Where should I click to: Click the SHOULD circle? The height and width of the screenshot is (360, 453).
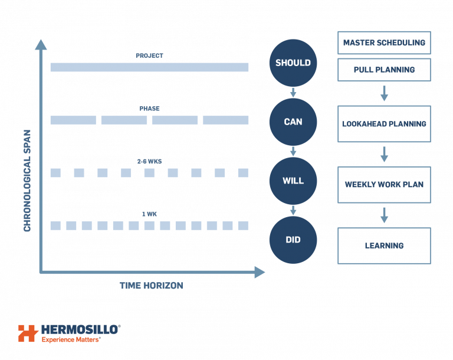point(293,63)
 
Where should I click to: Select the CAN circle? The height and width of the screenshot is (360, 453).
point(293,122)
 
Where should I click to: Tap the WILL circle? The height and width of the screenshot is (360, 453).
point(293,181)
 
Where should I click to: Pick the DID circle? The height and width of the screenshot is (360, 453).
point(293,240)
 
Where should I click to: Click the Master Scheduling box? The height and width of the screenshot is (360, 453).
point(384,43)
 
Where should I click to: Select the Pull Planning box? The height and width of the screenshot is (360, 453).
point(384,70)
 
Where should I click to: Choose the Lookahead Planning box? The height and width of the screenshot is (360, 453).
point(384,124)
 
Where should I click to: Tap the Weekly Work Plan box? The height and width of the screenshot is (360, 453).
point(384,185)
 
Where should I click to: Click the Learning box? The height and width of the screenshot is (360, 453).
point(384,246)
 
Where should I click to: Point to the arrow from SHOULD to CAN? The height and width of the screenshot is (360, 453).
point(293,93)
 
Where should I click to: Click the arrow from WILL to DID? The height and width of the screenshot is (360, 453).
point(293,211)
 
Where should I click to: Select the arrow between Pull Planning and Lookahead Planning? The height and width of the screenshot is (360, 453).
point(384,93)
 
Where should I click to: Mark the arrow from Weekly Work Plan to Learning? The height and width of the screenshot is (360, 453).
point(384,215)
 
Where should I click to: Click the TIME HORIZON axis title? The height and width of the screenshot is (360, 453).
point(151,286)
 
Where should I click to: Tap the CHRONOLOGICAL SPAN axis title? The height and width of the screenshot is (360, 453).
point(27,181)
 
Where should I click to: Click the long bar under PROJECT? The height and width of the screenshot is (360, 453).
point(149,67)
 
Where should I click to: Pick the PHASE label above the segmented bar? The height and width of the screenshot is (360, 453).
point(149,109)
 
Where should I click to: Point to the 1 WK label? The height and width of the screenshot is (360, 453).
point(149,214)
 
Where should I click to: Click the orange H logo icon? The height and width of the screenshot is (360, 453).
point(28,333)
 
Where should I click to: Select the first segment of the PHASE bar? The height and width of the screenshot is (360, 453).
point(73,120)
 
